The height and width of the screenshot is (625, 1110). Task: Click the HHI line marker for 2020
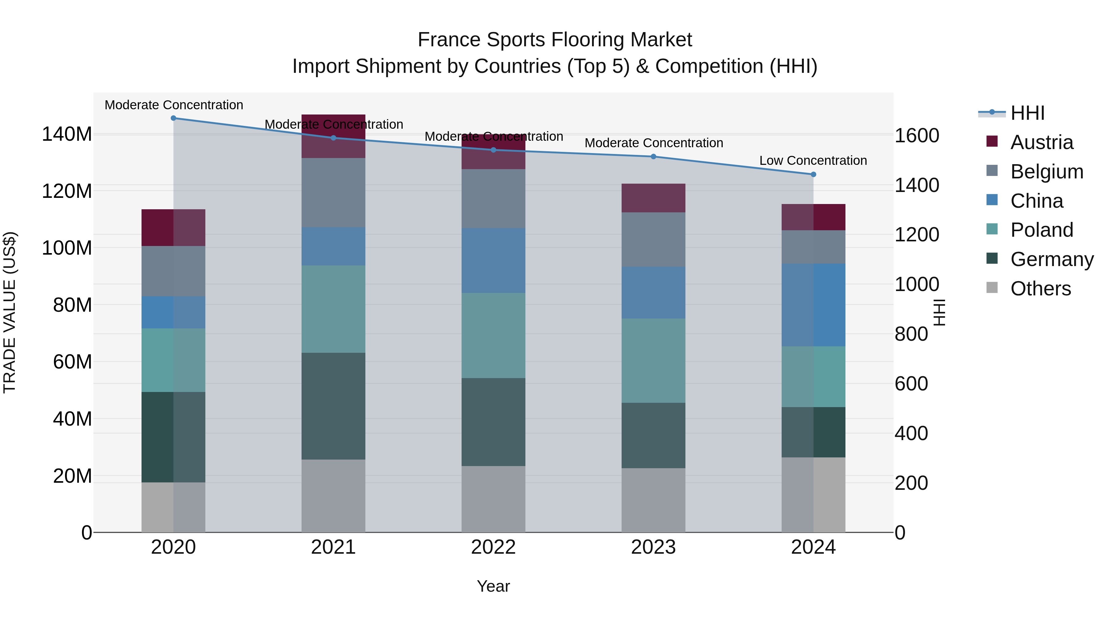point(173,118)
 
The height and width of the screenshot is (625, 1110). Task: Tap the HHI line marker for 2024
point(813,175)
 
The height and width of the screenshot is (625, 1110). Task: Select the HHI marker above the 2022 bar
point(493,150)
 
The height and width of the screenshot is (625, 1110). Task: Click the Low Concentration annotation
point(813,160)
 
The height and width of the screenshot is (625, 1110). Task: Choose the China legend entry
point(1036,201)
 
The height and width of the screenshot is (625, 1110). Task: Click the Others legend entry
point(1040,289)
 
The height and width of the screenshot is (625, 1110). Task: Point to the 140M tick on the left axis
point(67,134)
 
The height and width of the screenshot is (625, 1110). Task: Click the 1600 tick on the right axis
point(917,135)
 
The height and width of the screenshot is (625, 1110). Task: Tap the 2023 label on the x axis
point(653,547)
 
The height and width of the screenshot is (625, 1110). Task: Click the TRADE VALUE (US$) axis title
point(10,312)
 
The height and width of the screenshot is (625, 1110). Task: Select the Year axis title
point(493,586)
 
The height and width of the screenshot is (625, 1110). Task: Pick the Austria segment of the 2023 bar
point(653,198)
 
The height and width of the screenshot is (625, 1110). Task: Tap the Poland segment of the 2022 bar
point(493,335)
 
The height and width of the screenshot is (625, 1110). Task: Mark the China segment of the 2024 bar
point(813,305)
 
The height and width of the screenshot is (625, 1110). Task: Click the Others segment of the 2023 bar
point(653,500)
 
